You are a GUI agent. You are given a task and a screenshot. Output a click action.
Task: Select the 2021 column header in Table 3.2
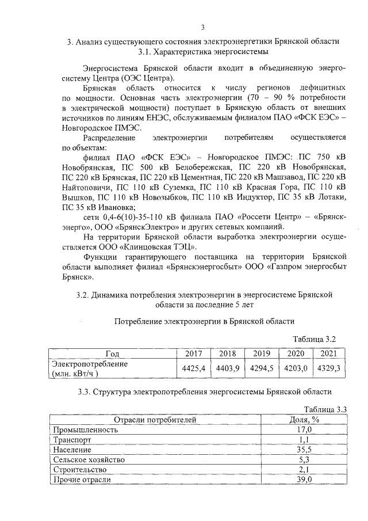click(x=329, y=353)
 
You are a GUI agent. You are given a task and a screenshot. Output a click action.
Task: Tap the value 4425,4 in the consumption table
click(x=193, y=368)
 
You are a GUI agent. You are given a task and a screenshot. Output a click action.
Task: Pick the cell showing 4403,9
click(x=226, y=368)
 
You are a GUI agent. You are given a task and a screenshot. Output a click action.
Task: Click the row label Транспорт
click(x=71, y=439)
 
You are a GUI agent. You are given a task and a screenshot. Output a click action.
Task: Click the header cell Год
click(x=113, y=353)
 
